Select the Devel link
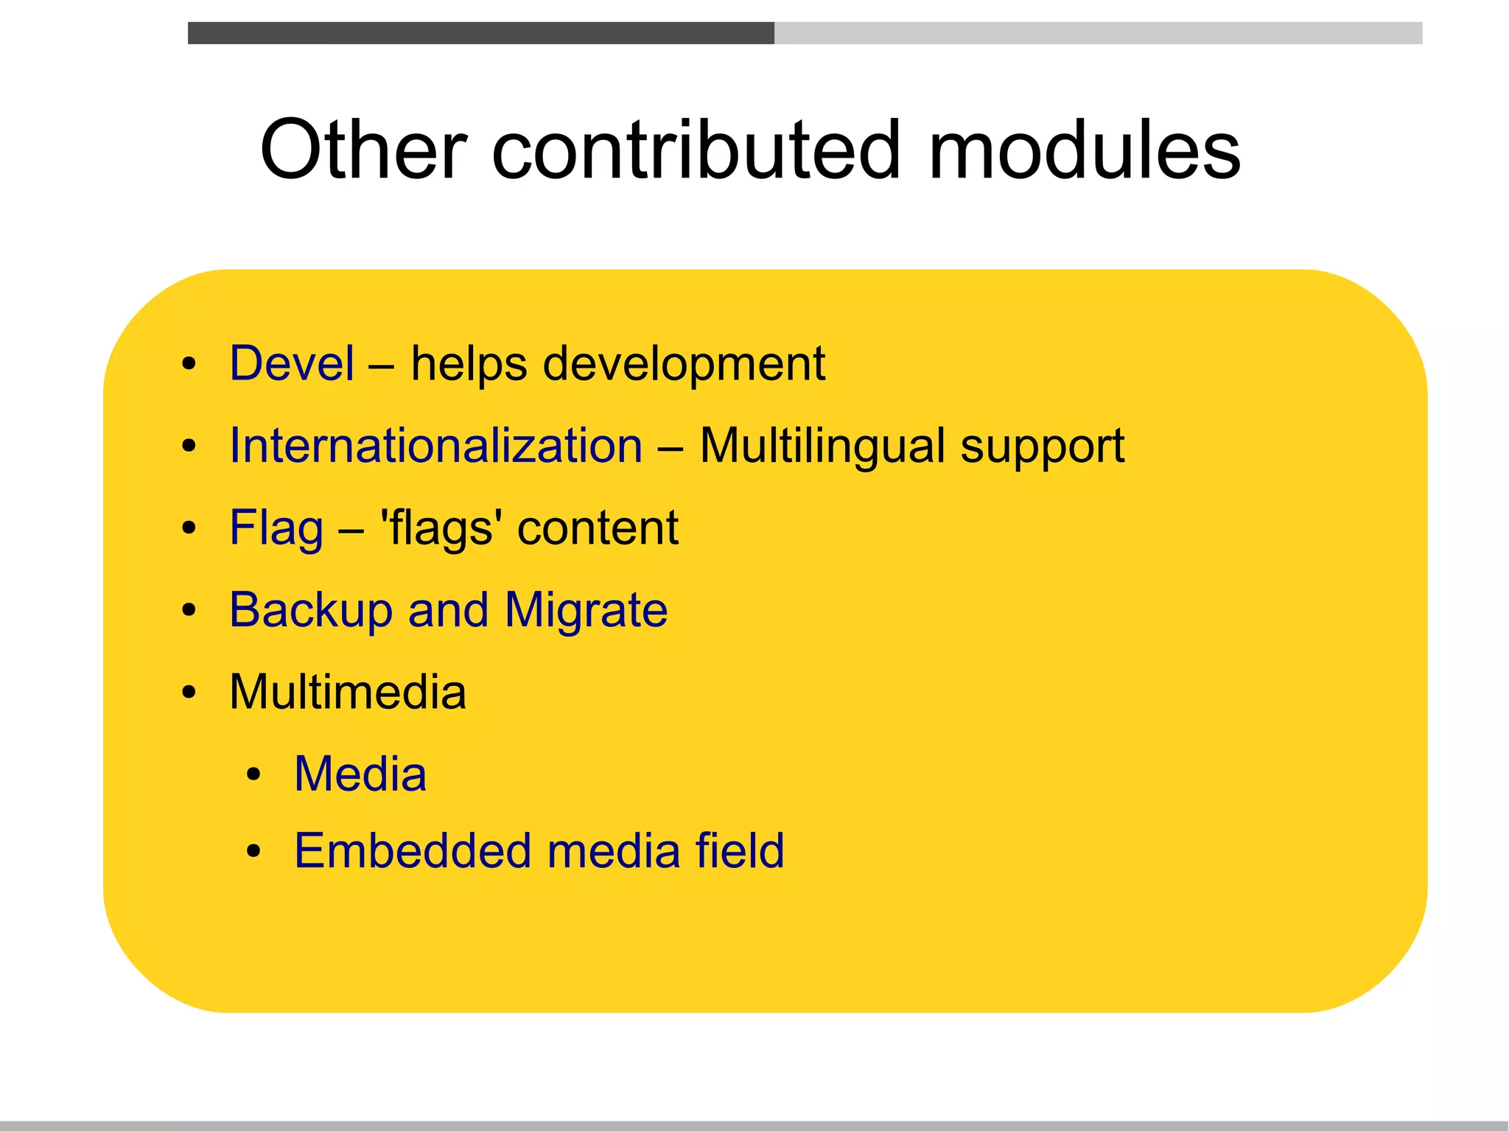coord(292,363)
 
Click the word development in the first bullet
coord(684,365)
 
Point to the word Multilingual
coord(822,446)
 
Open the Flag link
coord(276,528)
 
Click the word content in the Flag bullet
coord(598,528)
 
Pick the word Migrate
coord(587,611)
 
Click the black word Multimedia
coord(348,693)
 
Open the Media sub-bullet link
coord(360,774)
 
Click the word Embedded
coord(413,851)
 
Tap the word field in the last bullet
coord(740,851)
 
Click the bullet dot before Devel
coord(189,364)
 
